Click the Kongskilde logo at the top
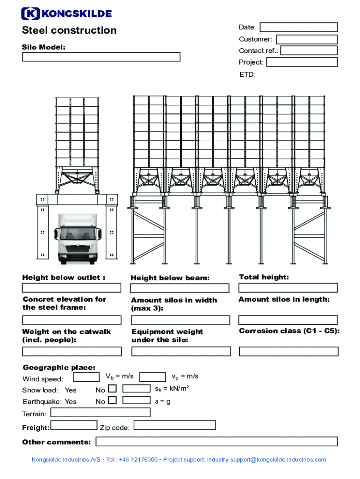point(67,14)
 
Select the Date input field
point(298,27)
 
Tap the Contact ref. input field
point(309,51)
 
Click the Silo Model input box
point(101,57)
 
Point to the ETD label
point(247,74)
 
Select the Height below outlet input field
point(71,288)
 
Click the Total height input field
point(288,288)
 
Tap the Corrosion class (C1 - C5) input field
point(288,351)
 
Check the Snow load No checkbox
point(112,389)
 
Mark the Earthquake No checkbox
point(112,400)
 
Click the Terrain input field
point(100,413)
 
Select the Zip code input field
point(174,425)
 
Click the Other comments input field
point(216,442)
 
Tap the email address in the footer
point(266,460)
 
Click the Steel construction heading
point(69,30)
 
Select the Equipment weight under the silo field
point(180,351)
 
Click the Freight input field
point(73,425)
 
